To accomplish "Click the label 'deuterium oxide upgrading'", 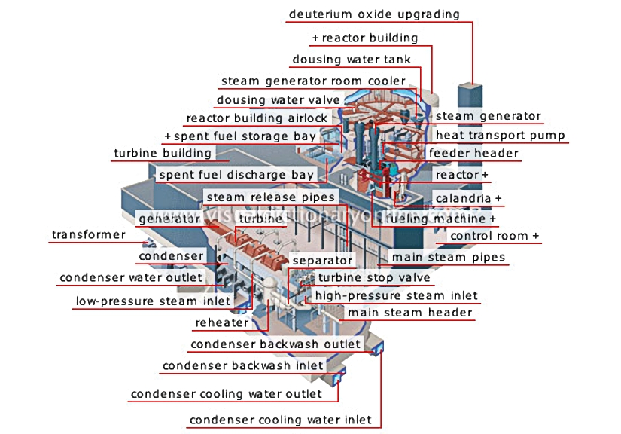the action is pyautogui.click(x=374, y=14).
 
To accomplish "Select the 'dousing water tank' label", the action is pyautogui.click(x=352, y=60).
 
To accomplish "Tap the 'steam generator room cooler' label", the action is pyautogui.click(x=313, y=81).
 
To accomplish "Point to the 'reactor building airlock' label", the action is pyautogui.click(x=257, y=118).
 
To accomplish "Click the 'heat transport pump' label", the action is pyautogui.click(x=501, y=135).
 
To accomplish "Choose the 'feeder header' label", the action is pyautogui.click(x=473, y=153).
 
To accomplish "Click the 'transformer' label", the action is pyautogui.click(x=89, y=234).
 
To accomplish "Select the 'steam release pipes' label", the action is pyautogui.click(x=271, y=197).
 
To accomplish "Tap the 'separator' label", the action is pyautogui.click(x=322, y=261).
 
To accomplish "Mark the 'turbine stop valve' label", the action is pyautogui.click(x=374, y=277).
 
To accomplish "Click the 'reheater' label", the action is pyautogui.click(x=222, y=322).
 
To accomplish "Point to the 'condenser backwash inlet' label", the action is pyautogui.click(x=243, y=365).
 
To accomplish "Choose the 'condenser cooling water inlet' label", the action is pyautogui.click(x=281, y=420).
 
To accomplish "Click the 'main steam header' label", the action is pyautogui.click(x=410, y=313).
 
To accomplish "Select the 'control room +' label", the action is pyautogui.click(x=495, y=236).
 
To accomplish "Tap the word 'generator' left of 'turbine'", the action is pyautogui.click(x=169, y=219).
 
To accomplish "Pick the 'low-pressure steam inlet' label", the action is pyautogui.click(x=153, y=301).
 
